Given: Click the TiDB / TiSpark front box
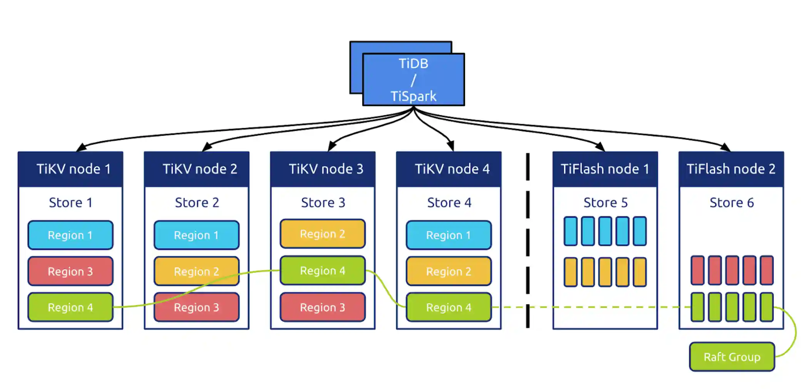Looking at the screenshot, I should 414,80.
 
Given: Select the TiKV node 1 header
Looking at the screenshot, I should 70,169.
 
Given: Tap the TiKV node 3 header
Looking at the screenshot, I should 323,169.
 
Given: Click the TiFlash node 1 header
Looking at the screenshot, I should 605,169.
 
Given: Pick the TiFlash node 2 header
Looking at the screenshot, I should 731,169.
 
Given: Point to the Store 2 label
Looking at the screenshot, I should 197,203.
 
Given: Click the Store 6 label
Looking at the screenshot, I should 731,203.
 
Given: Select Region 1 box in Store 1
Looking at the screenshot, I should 70,235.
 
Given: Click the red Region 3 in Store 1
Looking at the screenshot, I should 70,272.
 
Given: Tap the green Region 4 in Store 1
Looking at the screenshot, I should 70,307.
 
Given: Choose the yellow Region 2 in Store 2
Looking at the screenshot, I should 197,272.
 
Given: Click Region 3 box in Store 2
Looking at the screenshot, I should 197,307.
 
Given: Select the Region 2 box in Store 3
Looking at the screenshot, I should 323,234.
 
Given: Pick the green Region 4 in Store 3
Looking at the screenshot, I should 323,271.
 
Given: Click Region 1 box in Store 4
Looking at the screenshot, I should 449,235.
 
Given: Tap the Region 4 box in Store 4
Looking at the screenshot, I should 449,307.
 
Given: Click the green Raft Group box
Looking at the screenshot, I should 732,357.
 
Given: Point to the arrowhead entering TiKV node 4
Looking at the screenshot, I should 451,147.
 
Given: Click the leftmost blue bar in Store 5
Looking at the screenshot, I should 570,231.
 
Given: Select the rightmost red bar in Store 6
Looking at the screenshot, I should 767,270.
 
